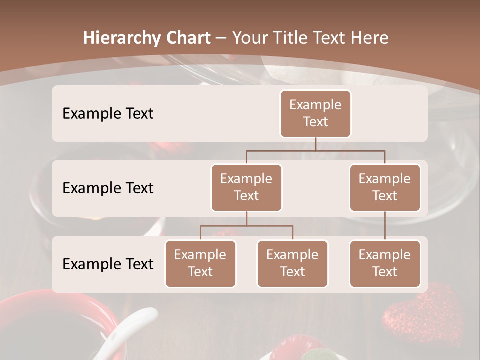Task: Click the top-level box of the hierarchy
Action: [315, 114]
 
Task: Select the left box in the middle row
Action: [246, 187]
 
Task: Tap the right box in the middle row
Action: [385, 187]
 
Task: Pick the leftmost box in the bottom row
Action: [200, 263]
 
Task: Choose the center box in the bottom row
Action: [292, 263]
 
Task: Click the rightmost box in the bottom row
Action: [385, 263]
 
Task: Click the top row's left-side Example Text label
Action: [108, 113]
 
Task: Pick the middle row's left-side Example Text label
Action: [108, 188]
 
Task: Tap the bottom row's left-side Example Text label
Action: [108, 264]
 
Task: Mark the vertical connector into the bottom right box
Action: [385, 226]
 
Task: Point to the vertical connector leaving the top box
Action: [315, 144]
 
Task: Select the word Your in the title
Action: [250, 38]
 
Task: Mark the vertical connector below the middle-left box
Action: [246, 218]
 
